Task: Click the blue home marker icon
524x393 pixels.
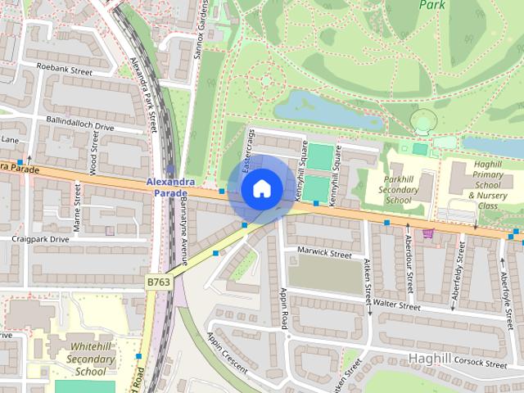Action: pyautogui.click(x=261, y=188)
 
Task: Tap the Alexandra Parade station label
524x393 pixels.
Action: pyautogui.click(x=170, y=187)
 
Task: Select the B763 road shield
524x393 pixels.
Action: pyautogui.click(x=158, y=282)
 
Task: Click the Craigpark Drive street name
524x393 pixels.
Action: pyautogui.click(x=41, y=239)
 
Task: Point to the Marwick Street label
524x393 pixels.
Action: pyautogui.click(x=324, y=254)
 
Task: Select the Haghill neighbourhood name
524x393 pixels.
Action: pyautogui.click(x=429, y=359)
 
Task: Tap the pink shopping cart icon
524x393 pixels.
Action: pyautogui.click(x=427, y=233)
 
